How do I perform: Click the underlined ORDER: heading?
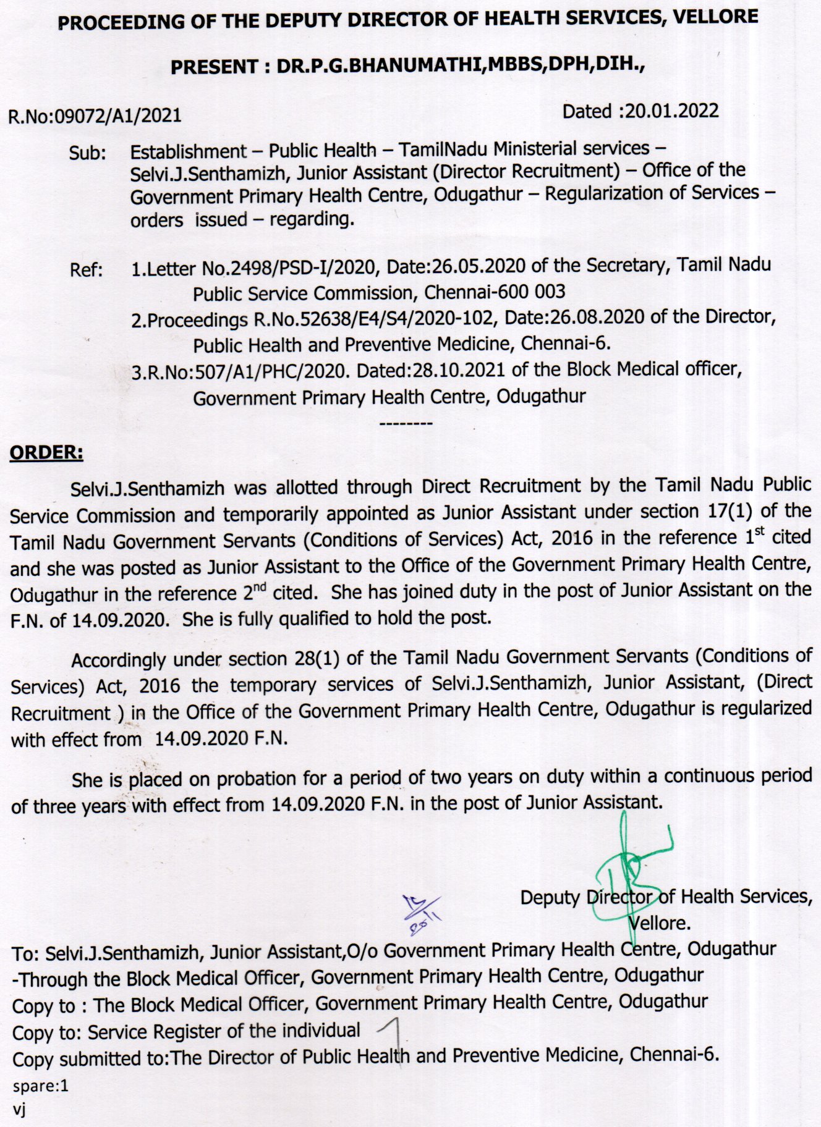click(46, 453)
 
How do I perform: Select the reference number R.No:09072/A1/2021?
click(95, 116)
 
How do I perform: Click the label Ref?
click(87, 270)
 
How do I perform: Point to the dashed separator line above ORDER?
click(406, 424)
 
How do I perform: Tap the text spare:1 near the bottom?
click(40, 1086)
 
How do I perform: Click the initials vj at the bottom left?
click(19, 1109)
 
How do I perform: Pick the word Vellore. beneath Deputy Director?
click(659, 923)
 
